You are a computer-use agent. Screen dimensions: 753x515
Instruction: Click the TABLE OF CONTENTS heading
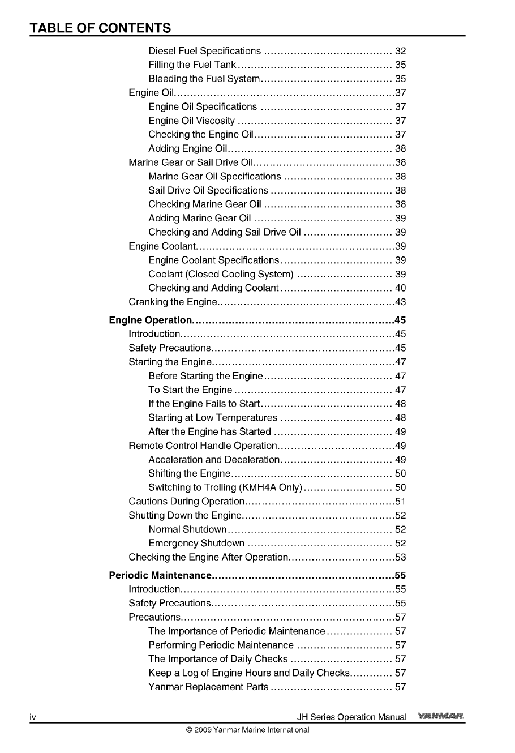100,28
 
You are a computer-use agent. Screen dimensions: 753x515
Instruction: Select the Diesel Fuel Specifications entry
205,51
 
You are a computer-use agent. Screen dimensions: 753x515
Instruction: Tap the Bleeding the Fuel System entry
204,79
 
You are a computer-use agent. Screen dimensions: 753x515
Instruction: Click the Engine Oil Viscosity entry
192,121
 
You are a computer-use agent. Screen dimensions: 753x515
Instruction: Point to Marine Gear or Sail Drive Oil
187,162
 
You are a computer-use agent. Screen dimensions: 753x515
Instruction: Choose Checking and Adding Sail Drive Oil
225,232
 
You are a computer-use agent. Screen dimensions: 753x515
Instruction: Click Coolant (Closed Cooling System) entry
221,274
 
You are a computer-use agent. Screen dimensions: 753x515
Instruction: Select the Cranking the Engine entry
173,302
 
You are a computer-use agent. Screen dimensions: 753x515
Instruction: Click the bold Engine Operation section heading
151,320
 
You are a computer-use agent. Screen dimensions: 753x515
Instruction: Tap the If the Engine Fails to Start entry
204,404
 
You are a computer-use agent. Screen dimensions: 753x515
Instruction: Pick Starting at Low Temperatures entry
213,418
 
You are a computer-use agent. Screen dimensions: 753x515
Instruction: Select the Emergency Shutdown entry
196,544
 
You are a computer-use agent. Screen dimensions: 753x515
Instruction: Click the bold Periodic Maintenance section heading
160,576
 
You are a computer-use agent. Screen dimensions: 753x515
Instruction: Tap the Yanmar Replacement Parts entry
208,687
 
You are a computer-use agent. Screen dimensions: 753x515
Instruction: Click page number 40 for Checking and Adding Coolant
400,288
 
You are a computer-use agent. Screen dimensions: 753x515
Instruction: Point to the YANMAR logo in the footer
441,717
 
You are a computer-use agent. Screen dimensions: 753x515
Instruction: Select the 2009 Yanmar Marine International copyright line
247,730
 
